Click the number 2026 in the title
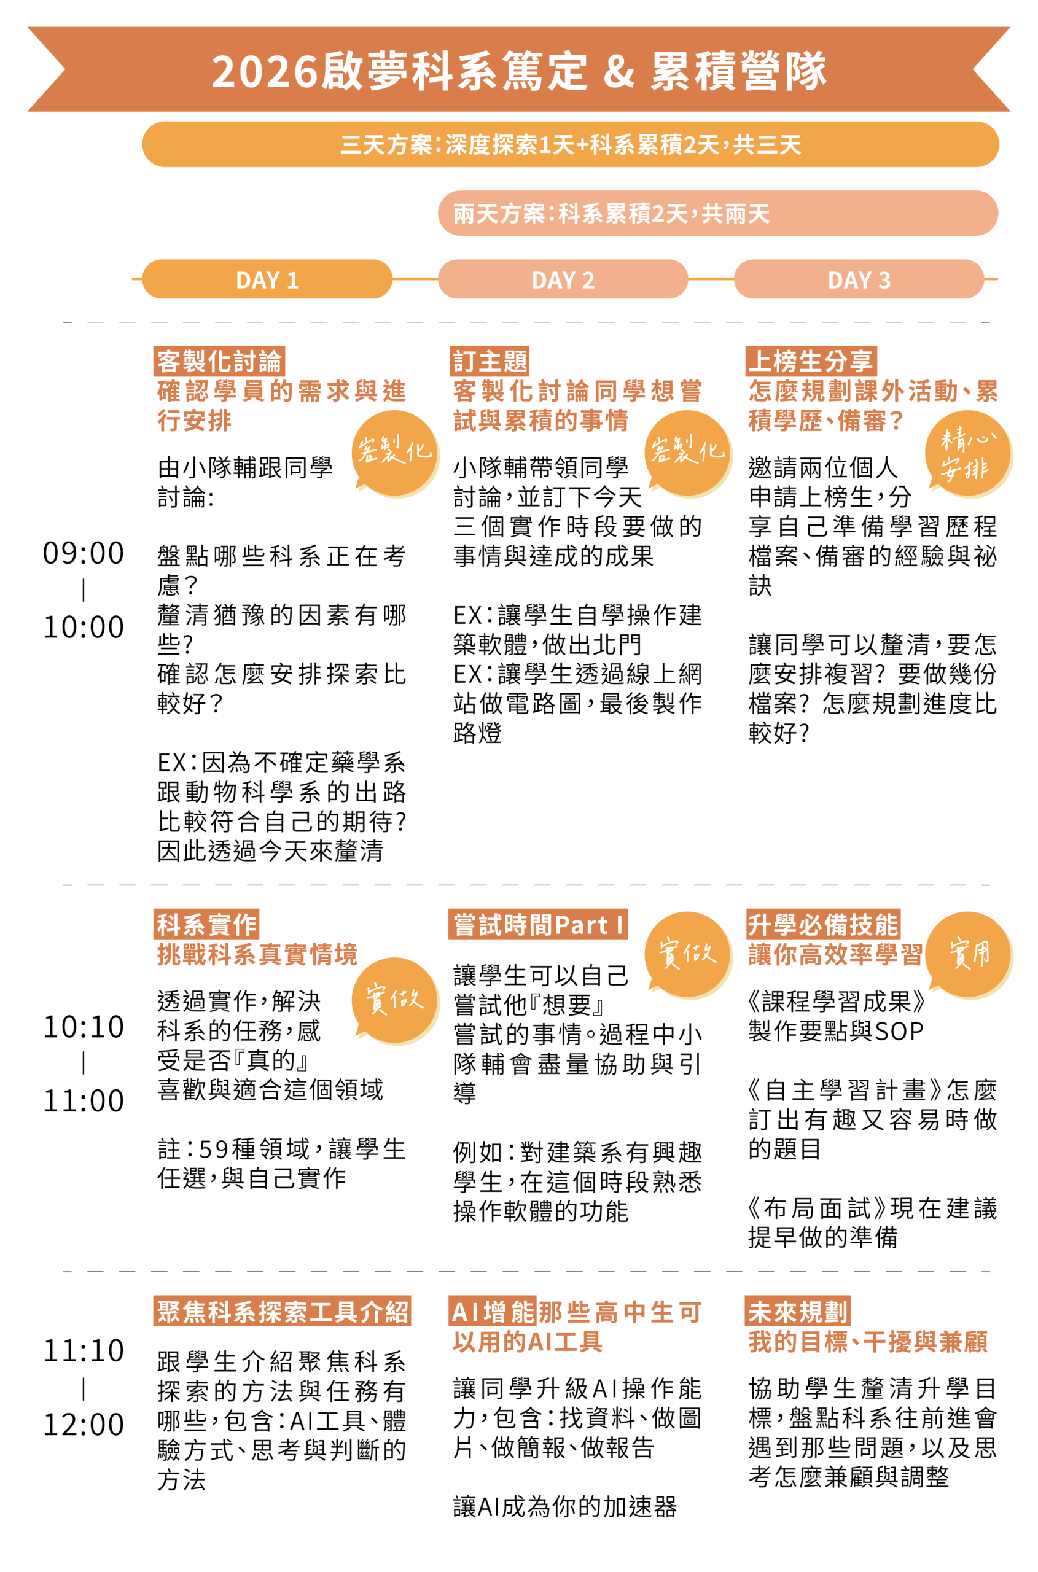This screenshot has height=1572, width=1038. point(265,71)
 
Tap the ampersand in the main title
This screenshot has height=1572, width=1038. point(619,71)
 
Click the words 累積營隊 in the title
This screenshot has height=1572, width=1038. point(738,71)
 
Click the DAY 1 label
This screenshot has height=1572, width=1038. point(267,281)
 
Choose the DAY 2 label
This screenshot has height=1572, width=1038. point(563,281)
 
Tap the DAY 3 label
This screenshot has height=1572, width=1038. point(859,281)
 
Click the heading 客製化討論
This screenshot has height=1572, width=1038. point(219,362)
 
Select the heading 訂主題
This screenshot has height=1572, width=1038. point(491,362)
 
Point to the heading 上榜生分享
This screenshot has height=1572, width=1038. point(810,362)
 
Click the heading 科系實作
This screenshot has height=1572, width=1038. point(206,925)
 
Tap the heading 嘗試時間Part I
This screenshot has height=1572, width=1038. point(538,925)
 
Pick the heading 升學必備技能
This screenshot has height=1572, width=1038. point(822,925)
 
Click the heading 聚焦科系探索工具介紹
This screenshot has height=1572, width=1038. point(283,1312)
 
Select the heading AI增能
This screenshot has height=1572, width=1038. point(493,1312)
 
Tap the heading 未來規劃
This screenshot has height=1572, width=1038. point(798,1312)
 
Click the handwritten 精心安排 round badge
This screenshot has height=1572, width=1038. point(969,454)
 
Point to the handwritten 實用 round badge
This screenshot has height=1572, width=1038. point(969,954)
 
